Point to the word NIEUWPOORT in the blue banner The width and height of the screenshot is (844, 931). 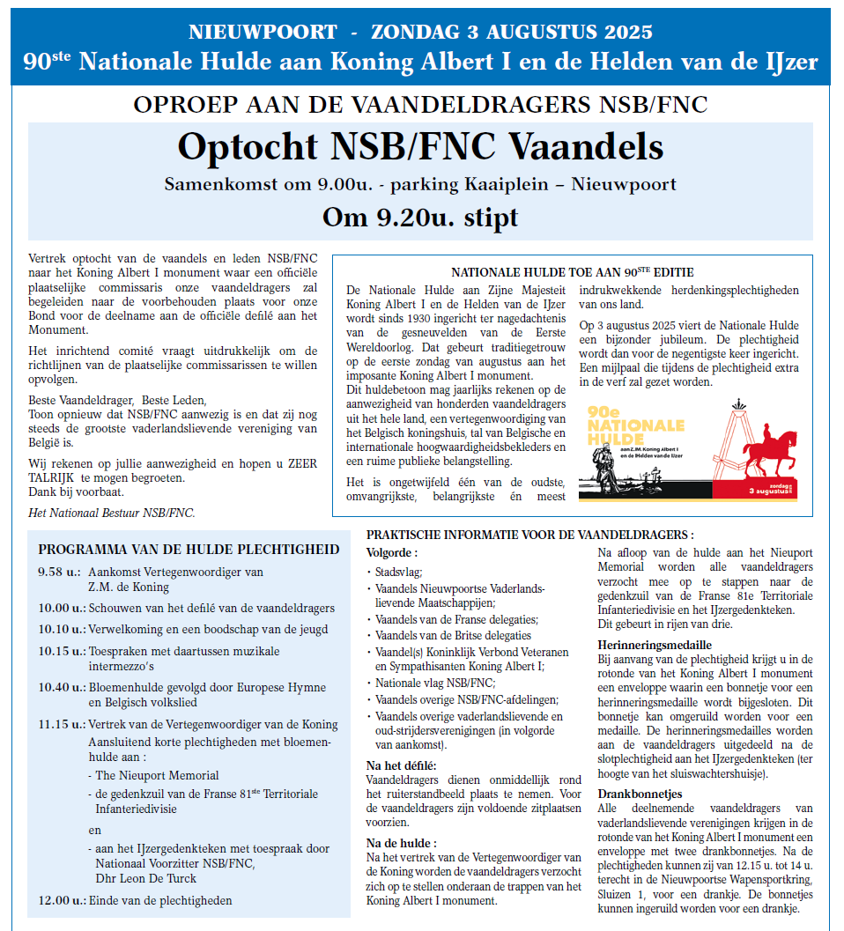tap(263, 33)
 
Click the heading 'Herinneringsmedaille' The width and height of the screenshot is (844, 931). tap(655, 645)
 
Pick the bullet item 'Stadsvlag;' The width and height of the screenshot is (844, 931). tap(399, 572)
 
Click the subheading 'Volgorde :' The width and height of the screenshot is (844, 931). tap(392, 552)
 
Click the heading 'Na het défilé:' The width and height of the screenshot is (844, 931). tap(402, 765)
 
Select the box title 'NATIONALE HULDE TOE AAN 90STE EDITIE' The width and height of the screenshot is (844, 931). tap(573, 272)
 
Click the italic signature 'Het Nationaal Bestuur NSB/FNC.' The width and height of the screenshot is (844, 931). tap(112, 513)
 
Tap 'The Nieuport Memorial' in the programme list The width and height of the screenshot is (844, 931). tap(157, 775)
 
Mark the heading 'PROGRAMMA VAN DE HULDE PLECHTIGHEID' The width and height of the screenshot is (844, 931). tap(189, 549)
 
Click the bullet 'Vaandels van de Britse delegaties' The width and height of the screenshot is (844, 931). tap(453, 635)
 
